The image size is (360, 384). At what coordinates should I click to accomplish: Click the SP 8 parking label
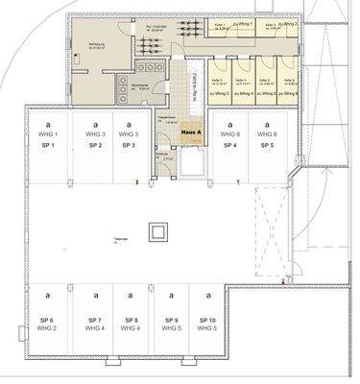click(132, 319)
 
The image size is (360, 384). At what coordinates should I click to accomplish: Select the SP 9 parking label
click(171, 319)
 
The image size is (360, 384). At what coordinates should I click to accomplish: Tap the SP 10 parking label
click(208, 319)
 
